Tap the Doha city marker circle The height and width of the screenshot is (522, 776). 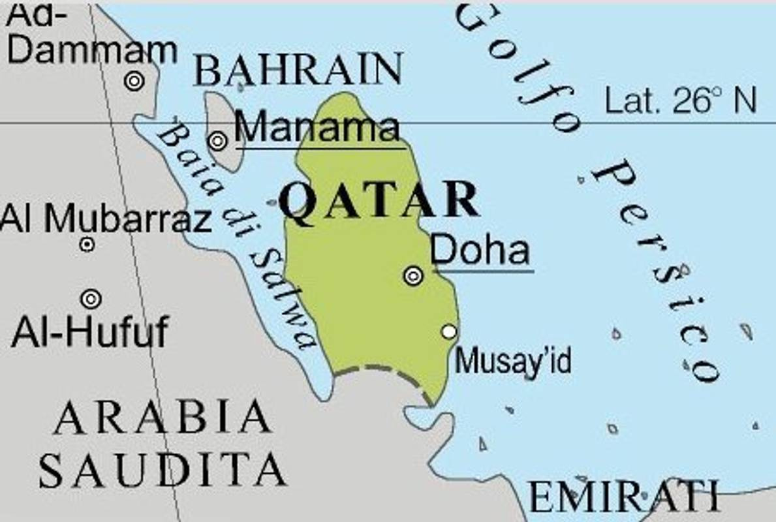[x=413, y=276]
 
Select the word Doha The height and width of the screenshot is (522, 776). [x=480, y=250]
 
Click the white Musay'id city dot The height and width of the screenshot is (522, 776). [x=448, y=331]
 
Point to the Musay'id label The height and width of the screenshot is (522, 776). [x=513, y=361]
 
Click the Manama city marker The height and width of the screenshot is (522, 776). [x=218, y=140]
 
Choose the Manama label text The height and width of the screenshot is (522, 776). [x=317, y=127]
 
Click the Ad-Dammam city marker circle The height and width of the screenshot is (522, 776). [x=134, y=81]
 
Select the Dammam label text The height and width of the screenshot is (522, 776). [x=92, y=50]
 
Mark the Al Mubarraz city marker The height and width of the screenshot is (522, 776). [x=87, y=245]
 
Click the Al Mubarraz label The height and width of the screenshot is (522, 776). [x=106, y=219]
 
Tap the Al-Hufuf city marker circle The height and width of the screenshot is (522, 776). [x=91, y=299]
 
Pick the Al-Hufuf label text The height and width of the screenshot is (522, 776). [x=90, y=332]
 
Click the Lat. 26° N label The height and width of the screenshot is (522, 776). [x=681, y=102]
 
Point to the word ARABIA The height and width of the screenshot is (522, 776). [x=162, y=418]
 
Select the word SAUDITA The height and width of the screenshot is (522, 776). [x=163, y=468]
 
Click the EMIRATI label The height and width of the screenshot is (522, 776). [x=623, y=497]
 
